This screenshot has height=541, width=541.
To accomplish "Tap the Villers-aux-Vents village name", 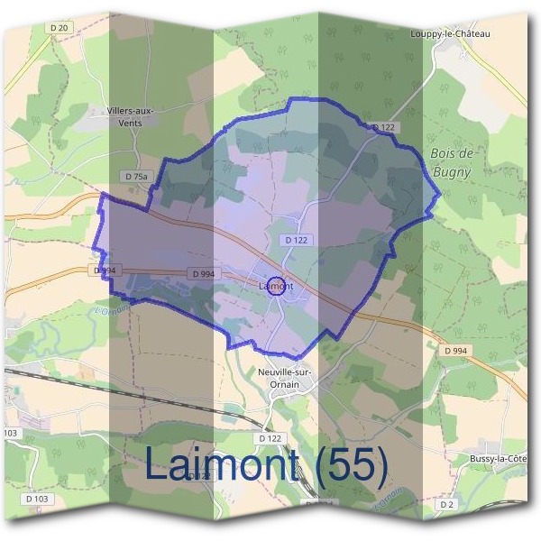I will point(130,116).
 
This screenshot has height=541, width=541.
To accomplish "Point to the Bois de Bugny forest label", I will point(452,162).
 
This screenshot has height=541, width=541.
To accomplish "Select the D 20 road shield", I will point(60,28).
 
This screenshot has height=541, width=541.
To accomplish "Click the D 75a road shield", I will point(135,176).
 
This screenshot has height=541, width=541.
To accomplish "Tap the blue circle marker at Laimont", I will point(278,287).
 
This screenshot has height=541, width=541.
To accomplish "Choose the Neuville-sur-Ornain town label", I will point(286,376).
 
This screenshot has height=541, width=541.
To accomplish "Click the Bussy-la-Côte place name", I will point(499,458).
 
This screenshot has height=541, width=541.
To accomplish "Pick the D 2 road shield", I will point(447,505).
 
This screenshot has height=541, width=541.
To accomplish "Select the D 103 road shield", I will point(37,498).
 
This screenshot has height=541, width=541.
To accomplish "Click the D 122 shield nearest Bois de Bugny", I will point(383,128).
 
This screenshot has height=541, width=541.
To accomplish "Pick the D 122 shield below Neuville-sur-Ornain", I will point(270,437).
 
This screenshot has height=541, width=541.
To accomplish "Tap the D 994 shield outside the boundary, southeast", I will point(456,349).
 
